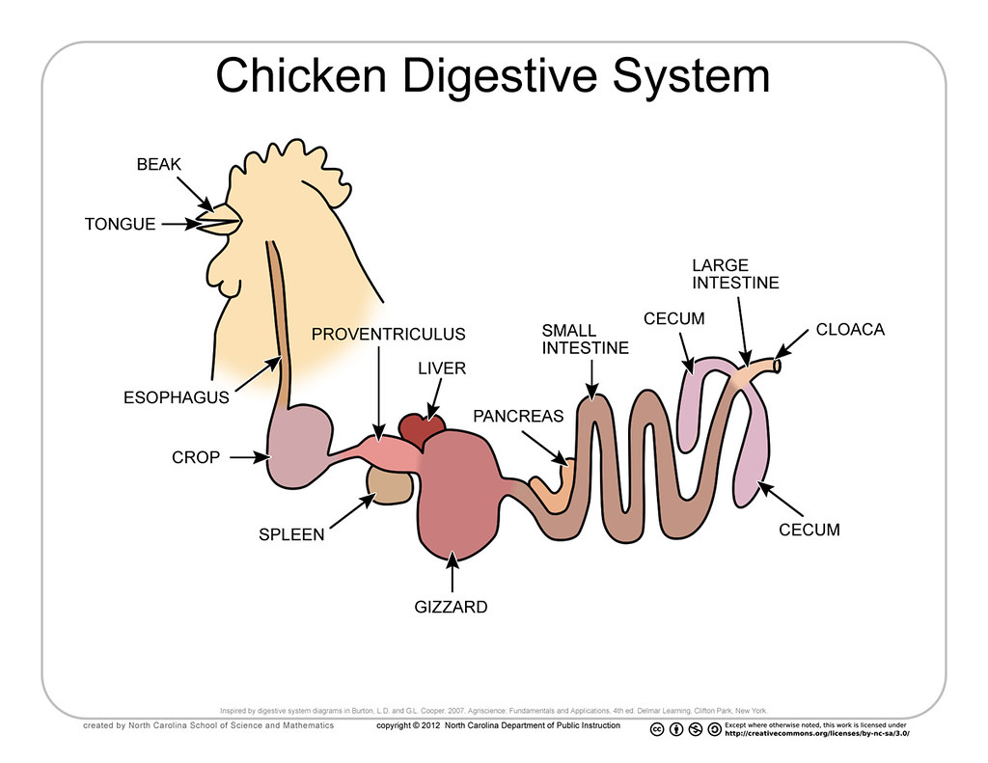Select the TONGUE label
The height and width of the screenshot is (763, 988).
pos(120,224)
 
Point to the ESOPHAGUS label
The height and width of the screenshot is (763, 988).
pos(177,396)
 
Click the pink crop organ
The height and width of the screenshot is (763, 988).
pos(297,445)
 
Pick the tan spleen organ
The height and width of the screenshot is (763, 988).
pos(390,486)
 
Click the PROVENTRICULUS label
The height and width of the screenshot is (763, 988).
pos(388,335)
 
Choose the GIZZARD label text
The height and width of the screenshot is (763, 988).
pos(452,608)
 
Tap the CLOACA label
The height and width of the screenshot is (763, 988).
pos(850,329)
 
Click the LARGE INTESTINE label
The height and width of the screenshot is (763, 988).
pos(735,274)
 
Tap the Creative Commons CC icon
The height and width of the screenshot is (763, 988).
pos(657,729)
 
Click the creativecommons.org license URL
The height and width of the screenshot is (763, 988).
pos(816,734)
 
